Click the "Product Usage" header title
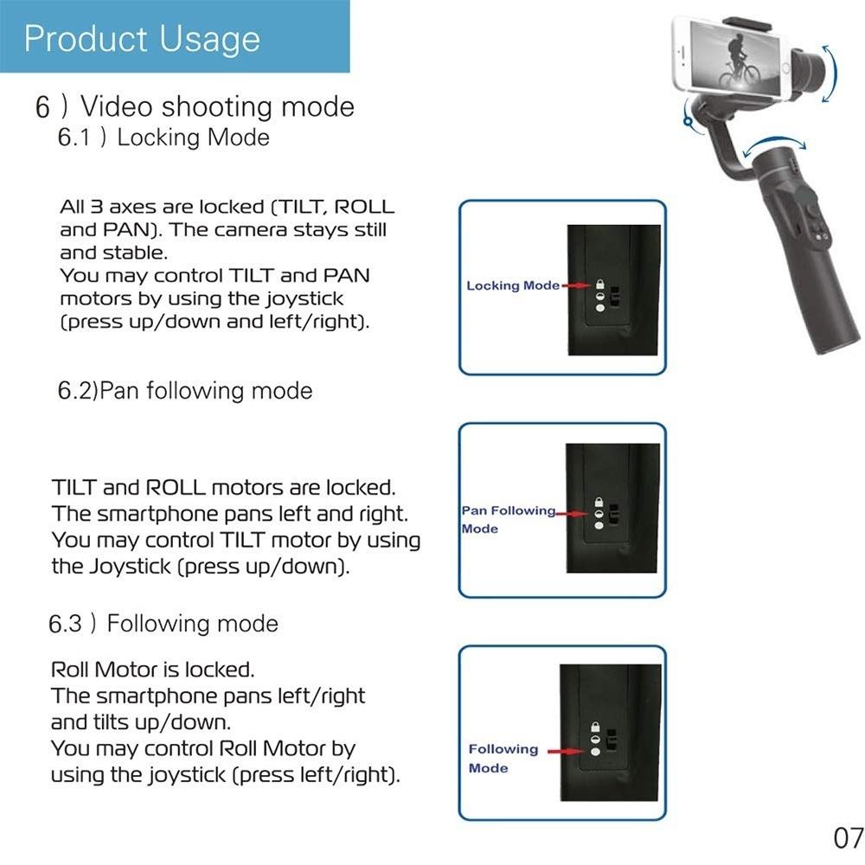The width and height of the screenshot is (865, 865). [142, 39]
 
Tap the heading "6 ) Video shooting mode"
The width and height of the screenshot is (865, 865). [195, 106]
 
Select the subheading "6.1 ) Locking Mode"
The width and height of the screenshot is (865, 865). [163, 137]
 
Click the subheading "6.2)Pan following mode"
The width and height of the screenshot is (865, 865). [185, 391]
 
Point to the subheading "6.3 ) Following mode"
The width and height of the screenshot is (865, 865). [163, 624]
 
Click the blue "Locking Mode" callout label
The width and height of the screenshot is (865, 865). [513, 285]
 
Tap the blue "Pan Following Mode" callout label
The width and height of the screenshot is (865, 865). [508, 519]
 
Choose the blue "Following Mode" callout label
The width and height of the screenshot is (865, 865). [503, 758]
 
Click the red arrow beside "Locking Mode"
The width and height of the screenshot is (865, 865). [576, 285]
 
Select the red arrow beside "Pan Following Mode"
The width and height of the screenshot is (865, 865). [572, 514]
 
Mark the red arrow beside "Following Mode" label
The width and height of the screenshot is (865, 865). [566, 752]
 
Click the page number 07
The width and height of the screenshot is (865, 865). [849, 837]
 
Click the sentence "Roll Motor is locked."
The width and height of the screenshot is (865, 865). [153, 670]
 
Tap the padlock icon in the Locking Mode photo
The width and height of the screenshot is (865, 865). [600, 284]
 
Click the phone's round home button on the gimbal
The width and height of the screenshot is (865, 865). [785, 67]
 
